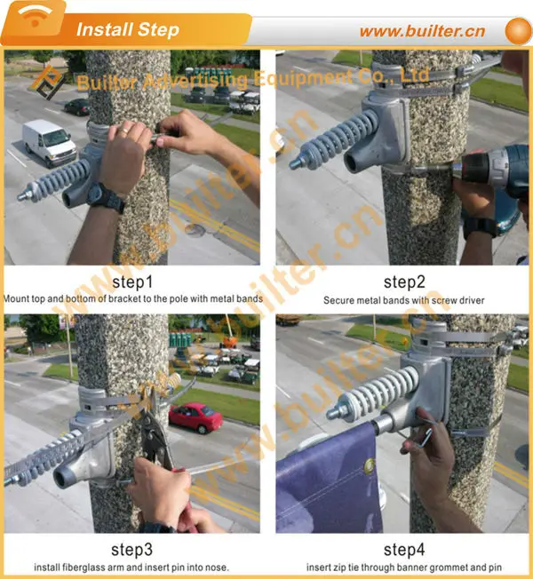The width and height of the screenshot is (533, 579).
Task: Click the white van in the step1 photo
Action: coord(49,142)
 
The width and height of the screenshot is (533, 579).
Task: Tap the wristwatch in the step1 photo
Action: coord(105,196)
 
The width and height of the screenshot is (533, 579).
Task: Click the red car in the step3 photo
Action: coord(195,416)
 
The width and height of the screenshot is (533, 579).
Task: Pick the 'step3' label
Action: coord(132,548)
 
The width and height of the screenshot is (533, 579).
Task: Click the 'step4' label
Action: coord(404,548)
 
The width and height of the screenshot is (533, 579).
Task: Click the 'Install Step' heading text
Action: coord(127,29)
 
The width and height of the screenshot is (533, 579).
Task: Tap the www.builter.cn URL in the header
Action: coord(422,31)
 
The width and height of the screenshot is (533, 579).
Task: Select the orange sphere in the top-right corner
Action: coord(517,30)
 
